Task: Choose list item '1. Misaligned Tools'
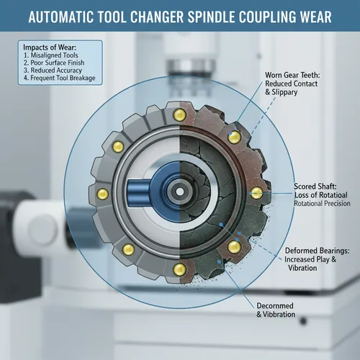(x=52, y=56)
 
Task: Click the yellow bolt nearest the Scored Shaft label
(x=255, y=192)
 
